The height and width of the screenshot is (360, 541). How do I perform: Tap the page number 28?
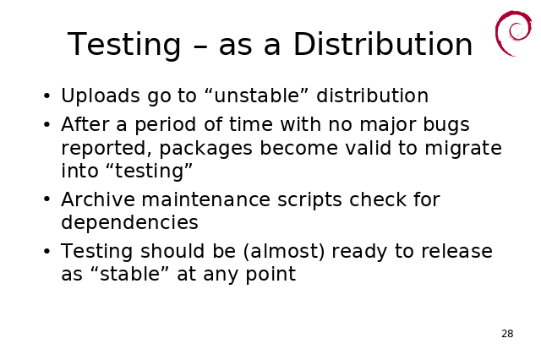[x=507, y=334]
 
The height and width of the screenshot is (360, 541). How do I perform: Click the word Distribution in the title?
[x=383, y=44]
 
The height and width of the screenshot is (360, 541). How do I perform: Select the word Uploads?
[x=101, y=95]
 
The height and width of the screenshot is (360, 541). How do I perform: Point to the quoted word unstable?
[x=256, y=95]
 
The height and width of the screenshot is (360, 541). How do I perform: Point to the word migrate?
[x=463, y=149]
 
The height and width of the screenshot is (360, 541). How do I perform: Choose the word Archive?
[x=98, y=199]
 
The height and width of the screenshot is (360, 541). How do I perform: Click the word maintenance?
[x=206, y=199]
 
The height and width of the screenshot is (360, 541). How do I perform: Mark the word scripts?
[x=309, y=200]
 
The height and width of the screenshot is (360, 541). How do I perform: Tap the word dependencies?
[x=129, y=223]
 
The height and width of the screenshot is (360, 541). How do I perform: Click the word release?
[x=456, y=251]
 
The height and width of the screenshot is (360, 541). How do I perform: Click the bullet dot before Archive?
[x=47, y=199]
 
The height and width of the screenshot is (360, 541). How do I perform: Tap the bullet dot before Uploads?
[x=47, y=95]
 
